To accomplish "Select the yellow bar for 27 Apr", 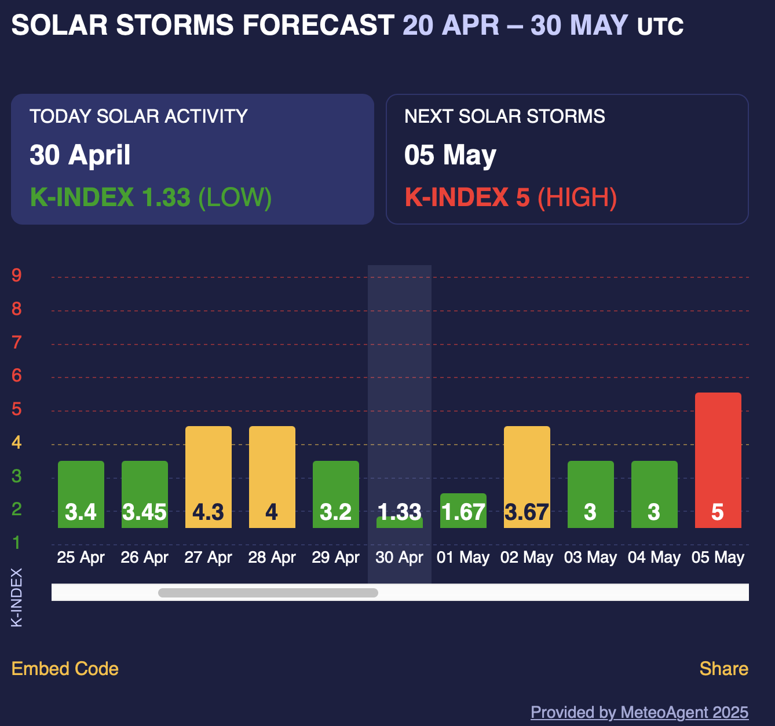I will (208, 463).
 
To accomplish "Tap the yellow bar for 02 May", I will (527, 463).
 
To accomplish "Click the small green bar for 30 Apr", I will (399, 522).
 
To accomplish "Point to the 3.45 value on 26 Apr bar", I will (144, 512).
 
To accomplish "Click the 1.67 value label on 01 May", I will (463, 512).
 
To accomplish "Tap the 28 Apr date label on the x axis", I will (272, 558).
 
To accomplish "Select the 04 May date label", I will (654, 558).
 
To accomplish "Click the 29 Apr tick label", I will (335, 558).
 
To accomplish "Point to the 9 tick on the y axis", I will (17, 275).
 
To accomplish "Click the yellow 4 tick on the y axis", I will (17, 443).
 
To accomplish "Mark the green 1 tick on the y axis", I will (17, 543).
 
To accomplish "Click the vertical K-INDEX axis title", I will (17, 597).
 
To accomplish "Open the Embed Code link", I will (65, 669).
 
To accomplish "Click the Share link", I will (723, 669).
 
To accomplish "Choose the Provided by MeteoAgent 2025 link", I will (639, 712).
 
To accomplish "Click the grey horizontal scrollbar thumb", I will (268, 592).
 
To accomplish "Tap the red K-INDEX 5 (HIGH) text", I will (510, 197).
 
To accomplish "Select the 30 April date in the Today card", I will (80, 155).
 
